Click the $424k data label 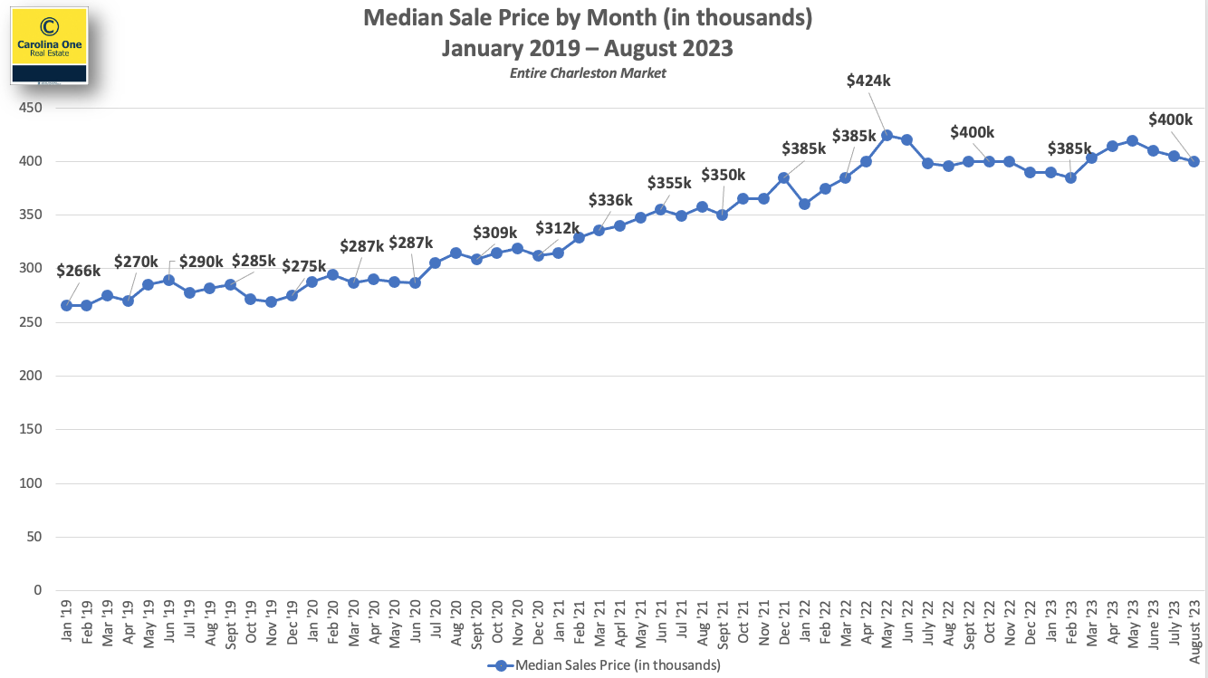pos(868,81)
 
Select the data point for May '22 pos(887,136)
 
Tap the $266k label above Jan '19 pos(79,271)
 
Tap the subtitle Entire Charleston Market pos(588,72)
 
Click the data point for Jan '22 pos(804,204)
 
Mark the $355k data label pos(669,183)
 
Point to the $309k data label pos(495,233)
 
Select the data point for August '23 pos(1194,161)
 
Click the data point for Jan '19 pos(66,305)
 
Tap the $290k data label pos(200,262)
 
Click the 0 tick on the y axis pos(38,590)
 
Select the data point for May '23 pos(1132,140)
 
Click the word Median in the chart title pos(395,17)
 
